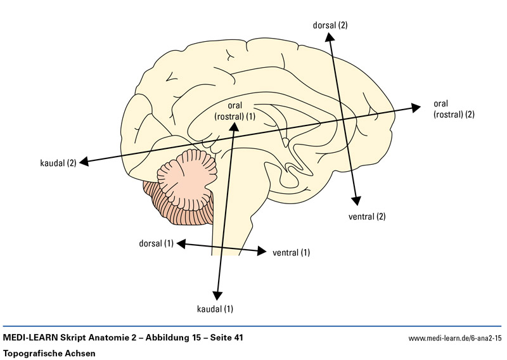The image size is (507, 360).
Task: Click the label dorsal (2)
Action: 330,25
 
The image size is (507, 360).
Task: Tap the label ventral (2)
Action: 367,217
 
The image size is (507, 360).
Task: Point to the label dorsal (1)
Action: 155,243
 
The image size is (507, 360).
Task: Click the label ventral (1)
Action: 291,253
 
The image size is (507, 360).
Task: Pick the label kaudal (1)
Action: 215,309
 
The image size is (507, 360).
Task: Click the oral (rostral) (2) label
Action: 453,109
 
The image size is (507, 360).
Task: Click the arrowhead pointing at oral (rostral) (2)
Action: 415,107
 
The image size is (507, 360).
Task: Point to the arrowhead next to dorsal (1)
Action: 181,243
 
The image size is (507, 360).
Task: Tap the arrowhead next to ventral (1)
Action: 262,252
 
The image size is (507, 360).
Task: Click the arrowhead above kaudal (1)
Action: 217,295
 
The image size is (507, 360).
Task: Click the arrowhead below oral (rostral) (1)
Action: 234,126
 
